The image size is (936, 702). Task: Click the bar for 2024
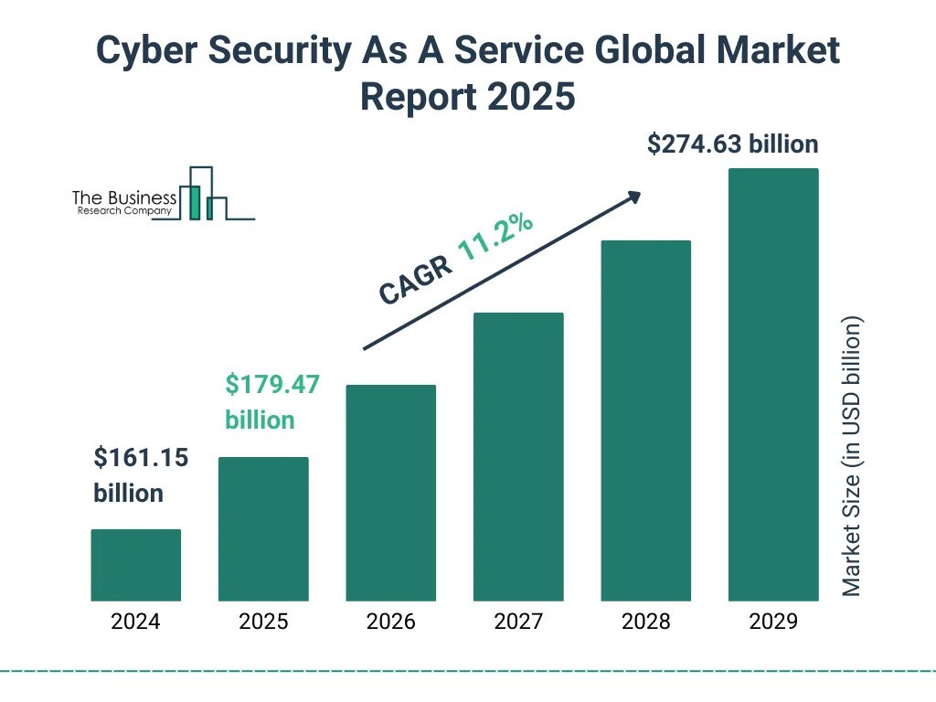point(135,565)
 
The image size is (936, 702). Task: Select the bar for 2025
point(263,528)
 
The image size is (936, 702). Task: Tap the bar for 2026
point(390,493)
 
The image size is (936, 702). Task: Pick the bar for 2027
point(518,457)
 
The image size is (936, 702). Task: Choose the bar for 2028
point(645,420)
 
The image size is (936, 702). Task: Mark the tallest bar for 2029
point(773,384)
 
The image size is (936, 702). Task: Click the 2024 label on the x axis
point(135,622)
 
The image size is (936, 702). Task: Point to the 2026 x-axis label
point(390,622)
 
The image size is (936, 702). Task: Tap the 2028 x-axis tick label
point(645,622)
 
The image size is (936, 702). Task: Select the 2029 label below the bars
point(773,622)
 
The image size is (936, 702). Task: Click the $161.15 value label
point(141,458)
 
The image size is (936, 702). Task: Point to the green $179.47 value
point(272,385)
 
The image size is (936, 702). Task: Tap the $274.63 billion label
point(732,144)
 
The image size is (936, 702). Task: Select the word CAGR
point(415,280)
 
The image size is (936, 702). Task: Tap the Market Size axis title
point(852,456)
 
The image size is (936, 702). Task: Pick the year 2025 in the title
point(532,96)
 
